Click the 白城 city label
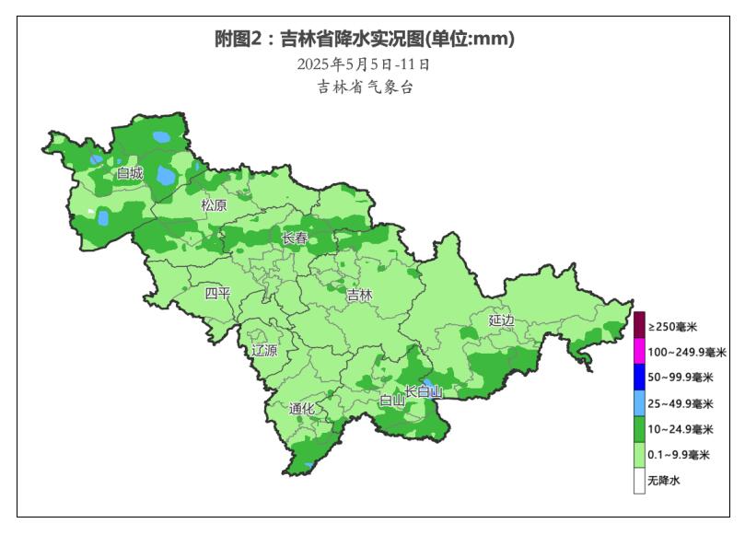pos(130,172)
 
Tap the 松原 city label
pos(214,205)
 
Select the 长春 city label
pos(295,238)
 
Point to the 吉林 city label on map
pos(359,296)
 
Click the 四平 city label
pos(218,294)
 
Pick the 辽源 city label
pos(264,351)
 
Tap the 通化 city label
pos(301,409)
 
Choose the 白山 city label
pos(392,400)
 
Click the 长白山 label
pos(425,392)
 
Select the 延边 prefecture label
pos(502,320)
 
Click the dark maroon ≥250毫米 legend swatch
pos(639,326)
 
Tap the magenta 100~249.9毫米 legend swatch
pos(639,352)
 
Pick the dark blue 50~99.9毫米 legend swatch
pos(639,378)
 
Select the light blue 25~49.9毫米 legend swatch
pos(639,403)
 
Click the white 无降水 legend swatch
pos(639,481)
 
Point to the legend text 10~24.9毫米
pos(680,429)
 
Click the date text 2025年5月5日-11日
pos(364,64)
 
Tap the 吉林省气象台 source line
pos(364,87)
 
